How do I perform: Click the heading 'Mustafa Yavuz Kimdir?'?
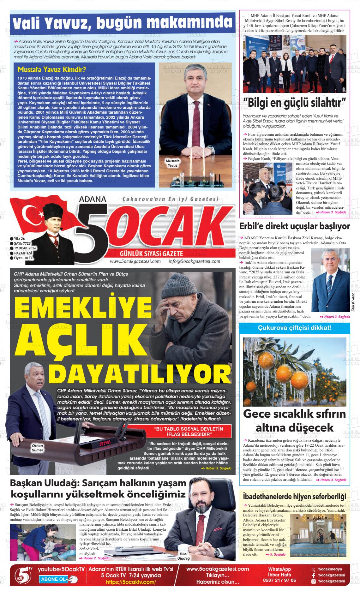coord(52,69)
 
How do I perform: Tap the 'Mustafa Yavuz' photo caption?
coord(173,163)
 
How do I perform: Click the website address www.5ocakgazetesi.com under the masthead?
coord(135,261)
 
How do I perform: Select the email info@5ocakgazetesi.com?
coord(194,261)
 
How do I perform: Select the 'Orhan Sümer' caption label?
coord(37,448)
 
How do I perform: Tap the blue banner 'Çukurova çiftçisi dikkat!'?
coord(294,328)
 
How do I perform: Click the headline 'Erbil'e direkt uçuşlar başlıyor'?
coord(294,226)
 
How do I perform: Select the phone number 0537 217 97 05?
coord(282,580)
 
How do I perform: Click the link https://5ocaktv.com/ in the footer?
coord(131,582)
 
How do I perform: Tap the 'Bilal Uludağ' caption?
coord(183,556)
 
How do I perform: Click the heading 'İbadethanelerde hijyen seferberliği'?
coord(294,496)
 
